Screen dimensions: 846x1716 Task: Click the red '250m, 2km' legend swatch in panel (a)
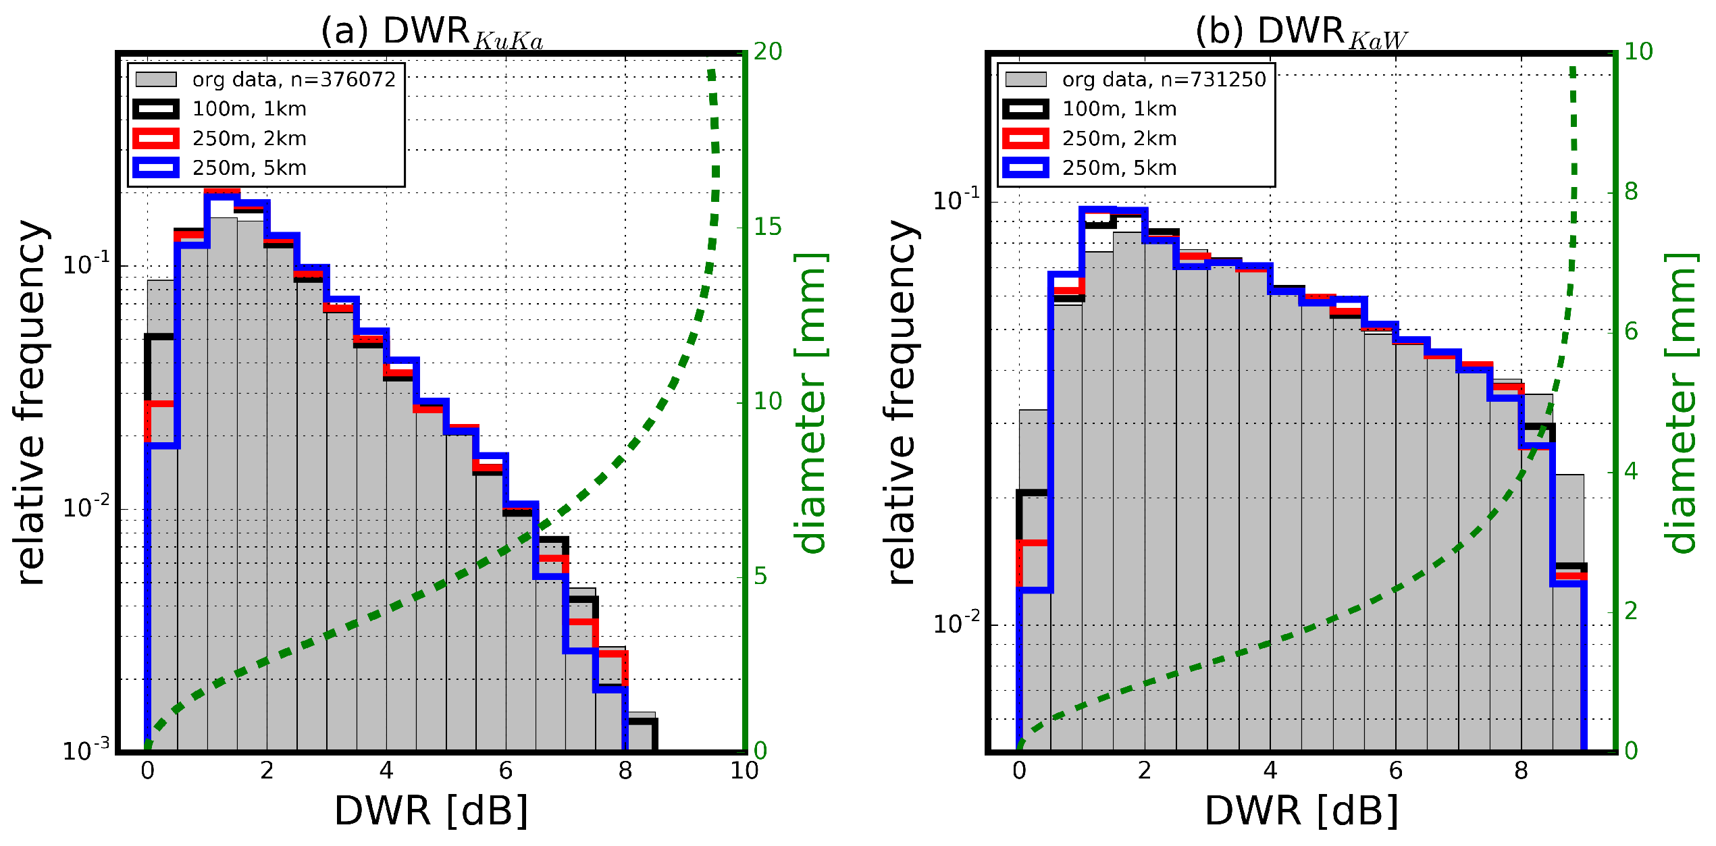click(156, 138)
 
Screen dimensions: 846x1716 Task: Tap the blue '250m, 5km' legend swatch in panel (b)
click(1026, 167)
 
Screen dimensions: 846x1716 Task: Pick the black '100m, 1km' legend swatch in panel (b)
click(1026, 109)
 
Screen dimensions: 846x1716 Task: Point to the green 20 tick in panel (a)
click(768, 51)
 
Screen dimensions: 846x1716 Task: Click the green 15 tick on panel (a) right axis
click(768, 227)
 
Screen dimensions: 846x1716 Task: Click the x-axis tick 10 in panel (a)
click(744, 771)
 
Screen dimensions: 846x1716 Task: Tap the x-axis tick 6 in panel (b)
click(1395, 771)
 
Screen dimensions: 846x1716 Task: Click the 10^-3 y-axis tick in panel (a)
click(86, 751)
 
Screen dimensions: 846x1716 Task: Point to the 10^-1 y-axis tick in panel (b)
click(956, 201)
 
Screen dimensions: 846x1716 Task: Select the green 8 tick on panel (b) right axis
click(1631, 192)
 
